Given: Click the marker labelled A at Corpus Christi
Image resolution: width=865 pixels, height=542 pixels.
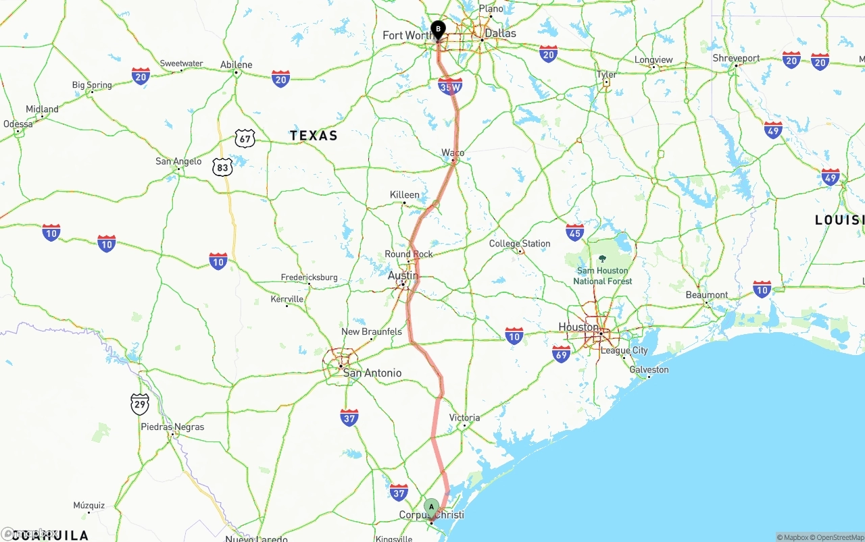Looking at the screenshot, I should (x=431, y=507).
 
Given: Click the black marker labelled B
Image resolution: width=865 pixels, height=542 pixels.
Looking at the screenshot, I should (x=438, y=30).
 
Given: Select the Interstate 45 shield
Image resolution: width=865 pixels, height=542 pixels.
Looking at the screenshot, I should (x=575, y=233).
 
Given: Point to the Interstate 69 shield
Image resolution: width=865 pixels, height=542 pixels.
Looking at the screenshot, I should (x=561, y=354).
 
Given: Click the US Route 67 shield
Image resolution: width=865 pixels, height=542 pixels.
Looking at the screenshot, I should (x=245, y=139).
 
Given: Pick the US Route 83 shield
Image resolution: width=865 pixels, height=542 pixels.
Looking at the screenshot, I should (x=222, y=167).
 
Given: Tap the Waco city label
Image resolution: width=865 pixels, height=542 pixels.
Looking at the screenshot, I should (x=453, y=153).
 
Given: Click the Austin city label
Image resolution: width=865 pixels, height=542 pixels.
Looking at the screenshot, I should (x=403, y=275).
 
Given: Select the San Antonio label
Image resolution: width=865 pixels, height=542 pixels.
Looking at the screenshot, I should (x=372, y=373).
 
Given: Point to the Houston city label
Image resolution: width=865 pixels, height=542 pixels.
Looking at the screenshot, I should (x=578, y=327).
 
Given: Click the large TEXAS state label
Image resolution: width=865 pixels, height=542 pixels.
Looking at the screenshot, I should (x=314, y=136).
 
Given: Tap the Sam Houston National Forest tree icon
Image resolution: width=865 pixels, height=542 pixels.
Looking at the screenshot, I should (x=602, y=259).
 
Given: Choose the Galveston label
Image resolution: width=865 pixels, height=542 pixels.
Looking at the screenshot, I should (x=649, y=369).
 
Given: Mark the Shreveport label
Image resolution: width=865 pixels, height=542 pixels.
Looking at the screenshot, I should (x=737, y=58).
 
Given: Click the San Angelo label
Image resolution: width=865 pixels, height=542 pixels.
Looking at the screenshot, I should (x=178, y=161).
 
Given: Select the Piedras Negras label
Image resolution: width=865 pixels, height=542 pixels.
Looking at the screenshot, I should (x=172, y=427).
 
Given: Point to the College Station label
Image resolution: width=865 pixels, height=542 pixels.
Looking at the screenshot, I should (x=520, y=244).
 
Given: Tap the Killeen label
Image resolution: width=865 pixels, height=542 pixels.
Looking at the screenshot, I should (x=405, y=195).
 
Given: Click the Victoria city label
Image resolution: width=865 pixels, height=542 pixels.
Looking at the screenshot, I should (x=464, y=417).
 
